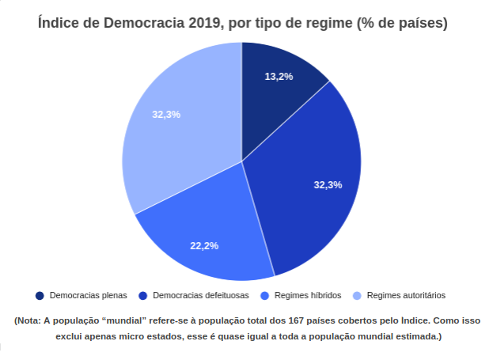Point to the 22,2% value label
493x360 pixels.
coord(204,246)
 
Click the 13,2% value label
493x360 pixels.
coord(279,77)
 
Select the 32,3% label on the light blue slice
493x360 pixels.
coord(166,114)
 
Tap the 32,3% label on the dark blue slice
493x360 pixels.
coord(328,185)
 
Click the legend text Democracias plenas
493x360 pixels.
coord(88,295)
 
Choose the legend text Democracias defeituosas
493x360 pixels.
coord(201,295)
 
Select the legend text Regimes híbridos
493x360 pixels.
coord(307,295)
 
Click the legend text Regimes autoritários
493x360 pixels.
coord(406,295)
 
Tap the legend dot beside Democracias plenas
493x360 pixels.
coord(40,295)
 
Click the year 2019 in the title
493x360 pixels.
coord(202,24)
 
